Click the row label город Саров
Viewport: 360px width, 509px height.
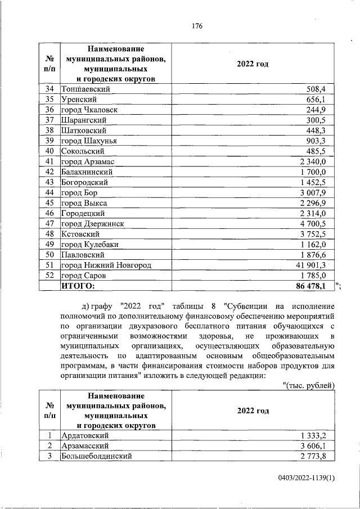click(84, 276)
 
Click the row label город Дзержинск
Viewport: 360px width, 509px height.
click(92, 223)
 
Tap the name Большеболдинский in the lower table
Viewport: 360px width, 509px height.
click(96, 456)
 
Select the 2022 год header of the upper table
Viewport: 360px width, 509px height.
click(253, 64)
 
